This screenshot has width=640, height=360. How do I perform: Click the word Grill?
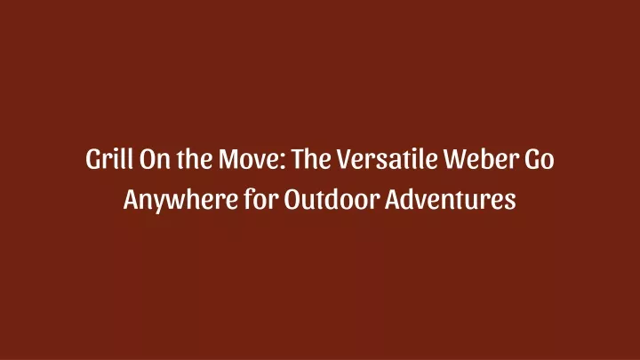[x=109, y=158]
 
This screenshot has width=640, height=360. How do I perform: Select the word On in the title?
[x=155, y=158]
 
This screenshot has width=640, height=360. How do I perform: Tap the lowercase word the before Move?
[x=195, y=158]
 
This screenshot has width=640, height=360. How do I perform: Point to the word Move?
[x=249, y=158]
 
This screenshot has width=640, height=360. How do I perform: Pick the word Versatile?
[x=388, y=158]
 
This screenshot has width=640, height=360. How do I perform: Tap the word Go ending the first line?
[x=540, y=158]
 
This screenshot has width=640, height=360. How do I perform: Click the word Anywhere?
[x=180, y=200]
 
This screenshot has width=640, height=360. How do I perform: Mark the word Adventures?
[x=450, y=199]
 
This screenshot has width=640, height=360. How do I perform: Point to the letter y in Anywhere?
[x=160, y=204]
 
